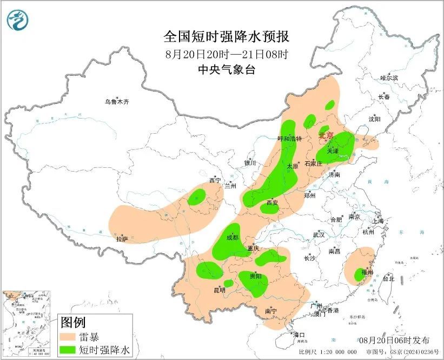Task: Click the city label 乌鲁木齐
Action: click(x=117, y=102)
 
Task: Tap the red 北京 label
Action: click(x=327, y=136)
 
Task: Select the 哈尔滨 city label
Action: click(x=388, y=78)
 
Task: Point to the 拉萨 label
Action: click(x=122, y=238)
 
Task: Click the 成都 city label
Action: click(x=232, y=237)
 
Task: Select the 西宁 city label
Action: click(x=215, y=181)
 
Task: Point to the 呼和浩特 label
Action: click(x=289, y=139)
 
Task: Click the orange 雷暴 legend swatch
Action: click(x=68, y=337)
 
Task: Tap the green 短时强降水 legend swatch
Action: click(x=68, y=350)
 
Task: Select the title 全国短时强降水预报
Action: click(x=227, y=36)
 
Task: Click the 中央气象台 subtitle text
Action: click(x=227, y=69)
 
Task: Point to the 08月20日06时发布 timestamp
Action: click(x=394, y=340)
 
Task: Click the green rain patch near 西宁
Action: click(x=197, y=198)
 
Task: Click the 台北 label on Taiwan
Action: click(x=388, y=279)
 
